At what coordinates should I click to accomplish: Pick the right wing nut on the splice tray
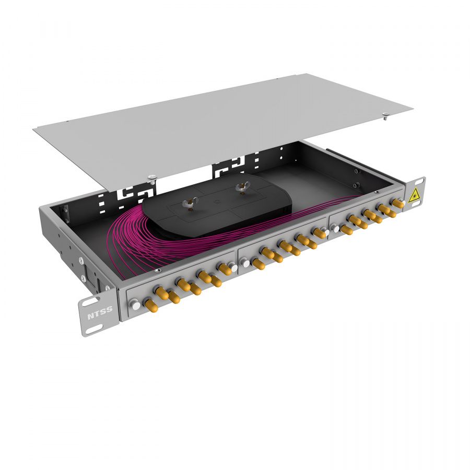click(x=242, y=188)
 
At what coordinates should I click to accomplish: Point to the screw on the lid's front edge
click(x=152, y=178)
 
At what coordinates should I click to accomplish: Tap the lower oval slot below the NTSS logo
click(x=94, y=328)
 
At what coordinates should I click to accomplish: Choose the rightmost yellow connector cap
click(x=398, y=203)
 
